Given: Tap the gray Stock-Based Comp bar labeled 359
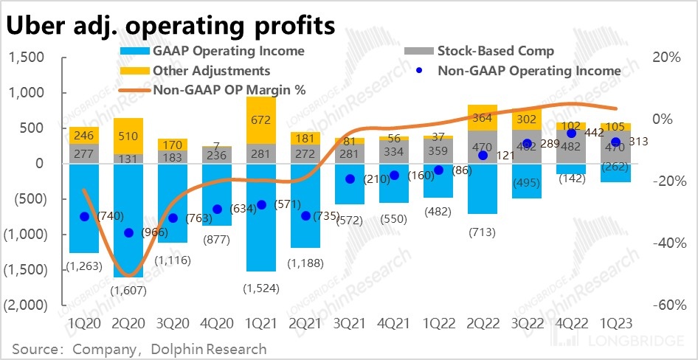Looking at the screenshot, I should click(438, 150).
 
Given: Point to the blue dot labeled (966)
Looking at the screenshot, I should click(128, 232).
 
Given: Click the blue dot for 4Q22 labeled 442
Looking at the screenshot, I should click(571, 134).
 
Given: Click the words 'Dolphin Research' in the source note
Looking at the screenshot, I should click(221, 348).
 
